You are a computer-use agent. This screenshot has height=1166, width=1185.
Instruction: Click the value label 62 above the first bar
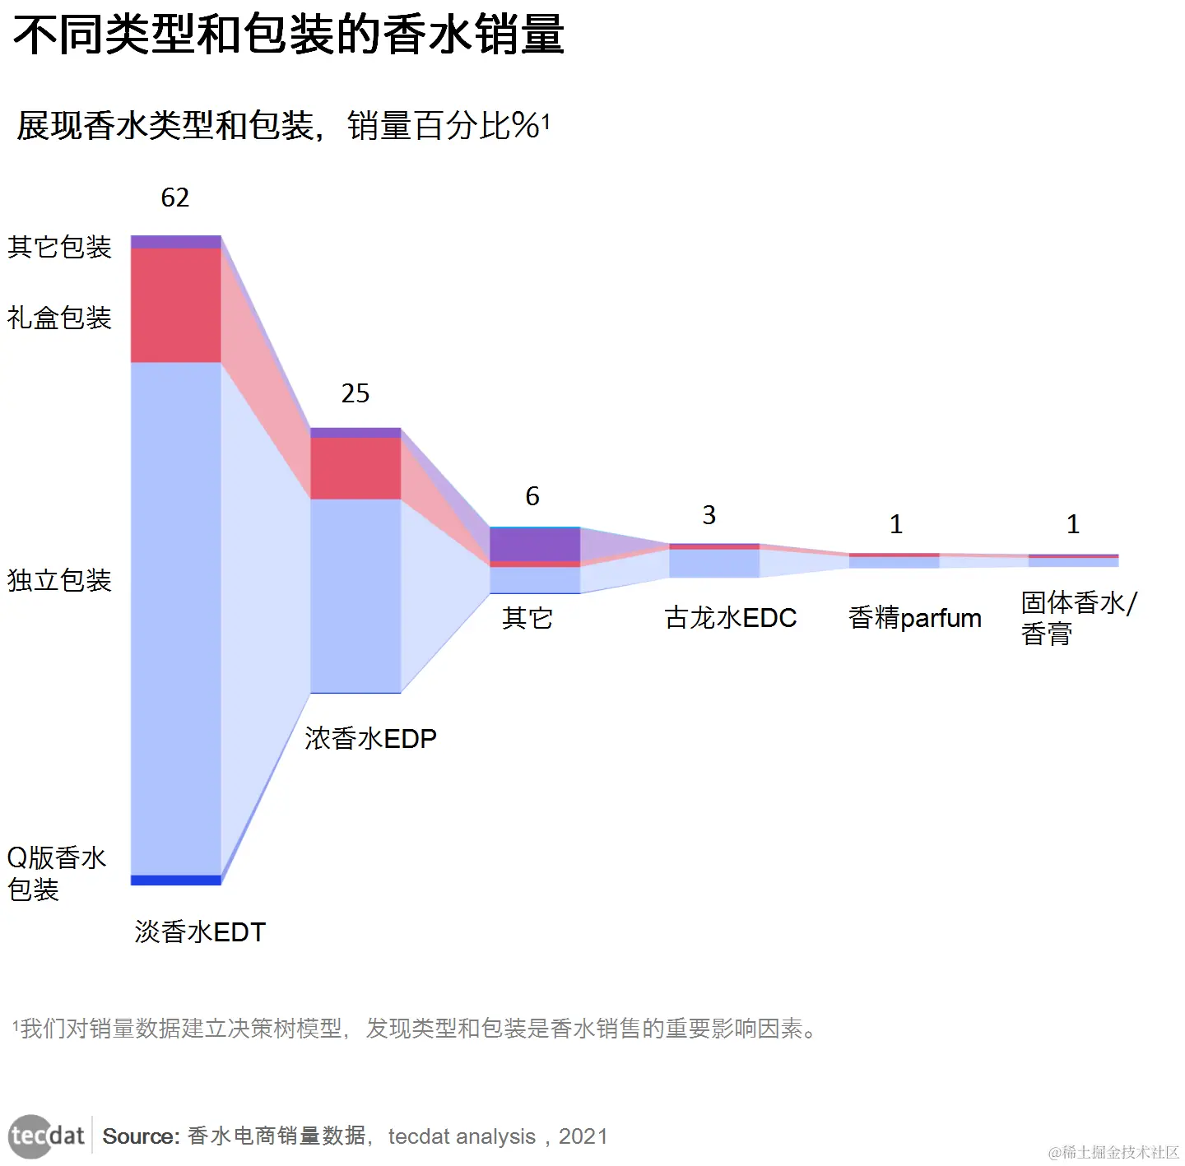174,197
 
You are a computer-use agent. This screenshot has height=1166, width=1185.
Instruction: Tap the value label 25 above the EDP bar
355,393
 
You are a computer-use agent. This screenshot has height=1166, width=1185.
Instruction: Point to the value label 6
532,496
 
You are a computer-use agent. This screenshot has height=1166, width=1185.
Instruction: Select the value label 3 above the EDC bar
709,515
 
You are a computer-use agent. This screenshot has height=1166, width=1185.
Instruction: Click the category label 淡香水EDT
200,932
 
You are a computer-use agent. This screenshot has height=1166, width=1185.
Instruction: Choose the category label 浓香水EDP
370,738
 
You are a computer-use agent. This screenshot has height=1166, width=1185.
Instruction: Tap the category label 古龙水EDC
730,618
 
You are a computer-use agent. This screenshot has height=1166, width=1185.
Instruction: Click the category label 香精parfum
914,618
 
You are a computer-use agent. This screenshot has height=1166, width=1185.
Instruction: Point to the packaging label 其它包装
59,247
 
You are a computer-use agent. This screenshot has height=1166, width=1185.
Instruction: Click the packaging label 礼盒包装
59,318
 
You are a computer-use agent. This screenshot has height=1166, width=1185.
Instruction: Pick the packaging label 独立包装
59,580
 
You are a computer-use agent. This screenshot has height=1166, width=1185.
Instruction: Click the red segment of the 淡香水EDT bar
176,305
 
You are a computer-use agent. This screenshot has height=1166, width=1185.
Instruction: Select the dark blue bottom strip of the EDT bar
176,880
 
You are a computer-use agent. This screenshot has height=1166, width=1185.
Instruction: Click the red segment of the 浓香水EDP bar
355,468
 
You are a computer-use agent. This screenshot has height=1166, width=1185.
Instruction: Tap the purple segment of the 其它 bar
535,545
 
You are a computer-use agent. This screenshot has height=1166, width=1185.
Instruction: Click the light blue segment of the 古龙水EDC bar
714,564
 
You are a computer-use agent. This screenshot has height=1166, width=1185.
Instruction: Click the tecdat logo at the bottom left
47,1136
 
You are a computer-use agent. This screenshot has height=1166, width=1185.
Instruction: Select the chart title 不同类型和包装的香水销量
288,35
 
